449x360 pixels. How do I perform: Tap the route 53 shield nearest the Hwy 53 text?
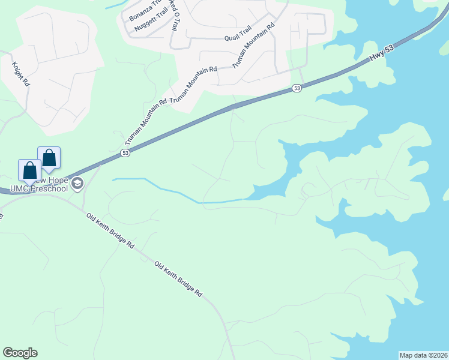pos(297,88)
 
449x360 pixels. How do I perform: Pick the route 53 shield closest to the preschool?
pos(125,153)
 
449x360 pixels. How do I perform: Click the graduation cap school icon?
pos(77,184)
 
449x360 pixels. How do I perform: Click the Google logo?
pos(20,353)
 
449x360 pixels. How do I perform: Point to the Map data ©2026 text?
pos(423,355)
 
